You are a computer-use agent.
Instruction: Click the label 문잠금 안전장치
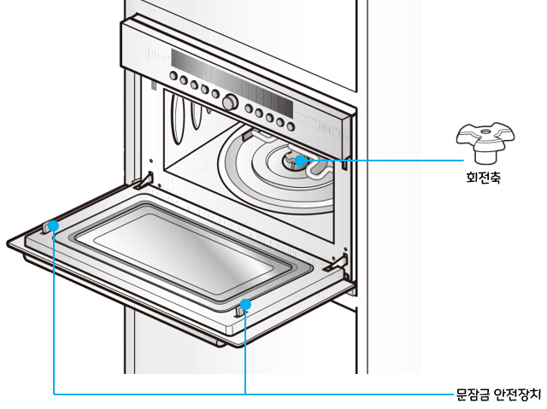(x=498, y=394)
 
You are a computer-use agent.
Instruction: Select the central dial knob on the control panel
(x=229, y=102)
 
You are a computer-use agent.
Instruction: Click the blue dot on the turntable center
(x=300, y=160)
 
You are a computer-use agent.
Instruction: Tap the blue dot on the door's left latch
(x=54, y=225)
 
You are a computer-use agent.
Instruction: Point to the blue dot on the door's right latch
(x=245, y=302)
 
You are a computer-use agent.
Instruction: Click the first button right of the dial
(x=248, y=108)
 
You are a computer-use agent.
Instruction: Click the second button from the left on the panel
(x=184, y=83)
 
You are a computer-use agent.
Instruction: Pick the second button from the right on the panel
(x=279, y=119)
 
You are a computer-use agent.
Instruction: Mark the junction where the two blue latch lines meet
(x=245, y=394)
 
